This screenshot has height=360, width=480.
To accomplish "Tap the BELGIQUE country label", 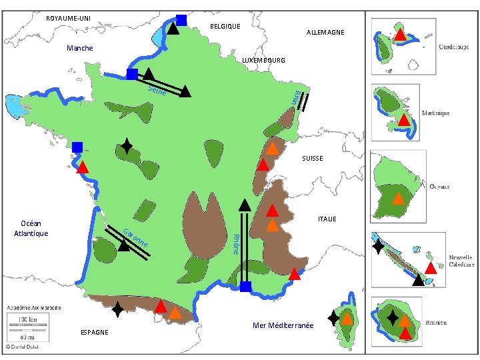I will click(225, 26).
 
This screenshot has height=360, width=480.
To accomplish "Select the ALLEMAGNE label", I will click(325, 33).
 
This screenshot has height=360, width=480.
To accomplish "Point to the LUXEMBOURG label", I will click(263, 61).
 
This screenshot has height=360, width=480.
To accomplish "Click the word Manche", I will click(80, 49).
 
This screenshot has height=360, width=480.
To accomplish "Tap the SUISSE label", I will click(312, 159).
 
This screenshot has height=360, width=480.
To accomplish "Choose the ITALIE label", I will click(327, 219).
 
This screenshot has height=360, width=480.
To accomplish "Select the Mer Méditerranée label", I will click(283, 326).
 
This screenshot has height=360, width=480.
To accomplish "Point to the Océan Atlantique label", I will click(31, 229).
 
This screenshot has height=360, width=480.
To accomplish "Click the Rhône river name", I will click(235, 243).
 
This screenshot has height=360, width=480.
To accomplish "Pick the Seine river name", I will click(157, 91).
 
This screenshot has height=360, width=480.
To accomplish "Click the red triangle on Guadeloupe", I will click(399, 35).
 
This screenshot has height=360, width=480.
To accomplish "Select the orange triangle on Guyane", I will click(397, 198).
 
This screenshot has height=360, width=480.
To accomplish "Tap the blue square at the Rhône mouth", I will click(245, 287).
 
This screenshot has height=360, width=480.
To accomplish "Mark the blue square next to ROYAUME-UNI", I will click(181, 20).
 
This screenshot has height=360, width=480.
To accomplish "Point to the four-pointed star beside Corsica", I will click(333, 319).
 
